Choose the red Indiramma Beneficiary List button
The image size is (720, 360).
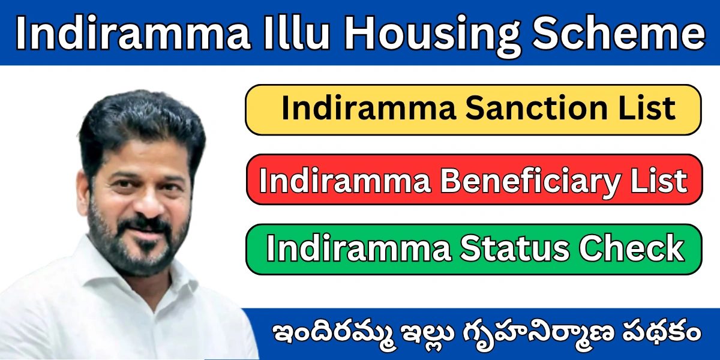point(473,180)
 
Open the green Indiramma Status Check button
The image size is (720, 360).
point(473,249)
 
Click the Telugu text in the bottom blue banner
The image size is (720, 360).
point(484,334)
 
